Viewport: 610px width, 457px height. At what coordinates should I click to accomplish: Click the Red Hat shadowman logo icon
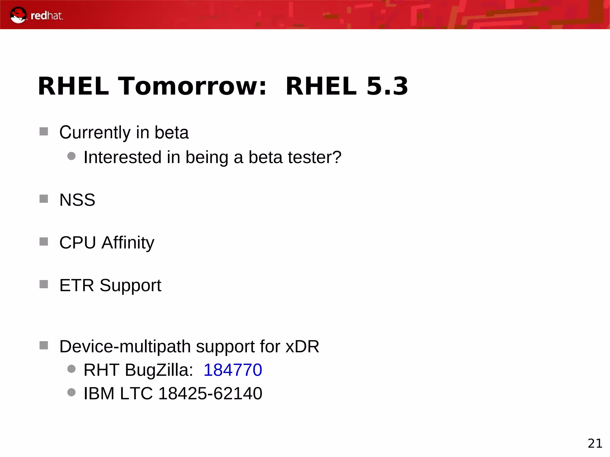pos(18,15)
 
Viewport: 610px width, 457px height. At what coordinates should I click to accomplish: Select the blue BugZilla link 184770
pos(233,370)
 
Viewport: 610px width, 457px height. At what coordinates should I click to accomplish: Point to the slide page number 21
pos(595,443)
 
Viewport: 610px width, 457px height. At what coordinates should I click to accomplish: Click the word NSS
pos(77,200)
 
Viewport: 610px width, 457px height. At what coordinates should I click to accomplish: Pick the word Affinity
pos(128,243)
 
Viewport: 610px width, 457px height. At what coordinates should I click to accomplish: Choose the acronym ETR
pos(77,286)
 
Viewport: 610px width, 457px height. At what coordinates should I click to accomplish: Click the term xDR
pos(302,347)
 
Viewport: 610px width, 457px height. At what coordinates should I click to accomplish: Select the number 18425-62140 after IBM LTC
pos(210,393)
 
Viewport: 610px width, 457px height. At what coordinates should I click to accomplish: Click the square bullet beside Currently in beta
pos(44,131)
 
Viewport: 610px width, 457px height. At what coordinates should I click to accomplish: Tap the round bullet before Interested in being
pos(71,156)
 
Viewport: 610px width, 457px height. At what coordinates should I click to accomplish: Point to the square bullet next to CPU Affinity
pos(44,241)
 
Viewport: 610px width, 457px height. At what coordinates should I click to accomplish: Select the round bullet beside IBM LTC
pos(71,392)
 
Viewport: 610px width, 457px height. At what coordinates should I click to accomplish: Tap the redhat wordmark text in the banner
pos(47,16)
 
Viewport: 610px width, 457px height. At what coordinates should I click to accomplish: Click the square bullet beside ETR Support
pos(44,284)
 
